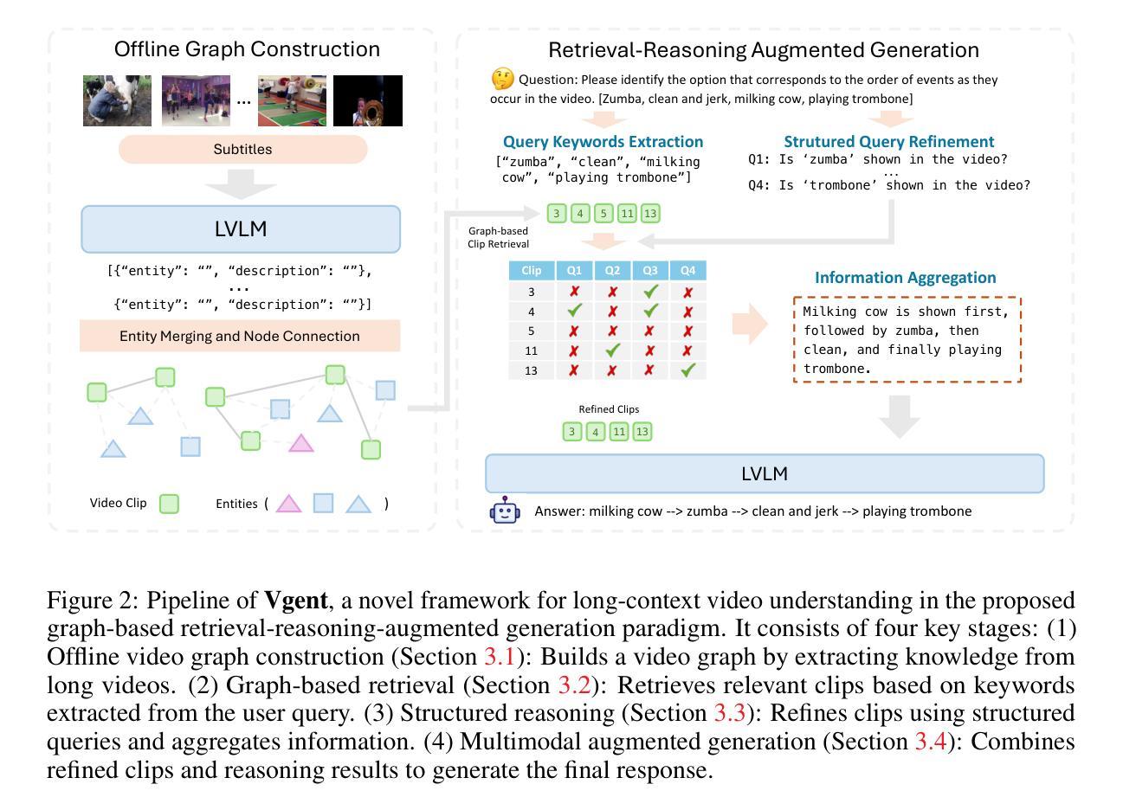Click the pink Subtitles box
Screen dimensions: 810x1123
(x=242, y=150)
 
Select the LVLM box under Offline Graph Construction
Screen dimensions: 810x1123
(x=241, y=229)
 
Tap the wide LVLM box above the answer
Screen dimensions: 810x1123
(x=765, y=473)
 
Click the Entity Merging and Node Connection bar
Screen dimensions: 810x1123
(x=240, y=336)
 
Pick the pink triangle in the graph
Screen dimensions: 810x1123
(x=300, y=443)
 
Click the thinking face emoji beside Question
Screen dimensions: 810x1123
(x=502, y=80)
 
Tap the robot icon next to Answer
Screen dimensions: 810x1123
(x=505, y=511)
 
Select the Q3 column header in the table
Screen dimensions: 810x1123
(x=650, y=271)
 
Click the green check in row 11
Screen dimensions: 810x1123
(x=612, y=350)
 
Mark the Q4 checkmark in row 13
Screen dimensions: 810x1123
(x=688, y=370)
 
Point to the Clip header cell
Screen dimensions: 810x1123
(x=532, y=271)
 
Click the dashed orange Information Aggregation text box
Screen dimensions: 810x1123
(x=907, y=339)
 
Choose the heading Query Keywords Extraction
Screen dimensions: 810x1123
(x=603, y=141)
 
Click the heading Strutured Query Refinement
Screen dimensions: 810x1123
(x=888, y=141)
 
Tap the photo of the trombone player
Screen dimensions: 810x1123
(x=368, y=100)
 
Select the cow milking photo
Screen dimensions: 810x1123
(x=117, y=100)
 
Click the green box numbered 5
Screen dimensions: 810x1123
(x=603, y=214)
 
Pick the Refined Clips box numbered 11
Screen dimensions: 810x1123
(x=618, y=431)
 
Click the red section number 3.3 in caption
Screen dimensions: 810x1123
(x=729, y=713)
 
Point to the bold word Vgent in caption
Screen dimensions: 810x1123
(x=296, y=600)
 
